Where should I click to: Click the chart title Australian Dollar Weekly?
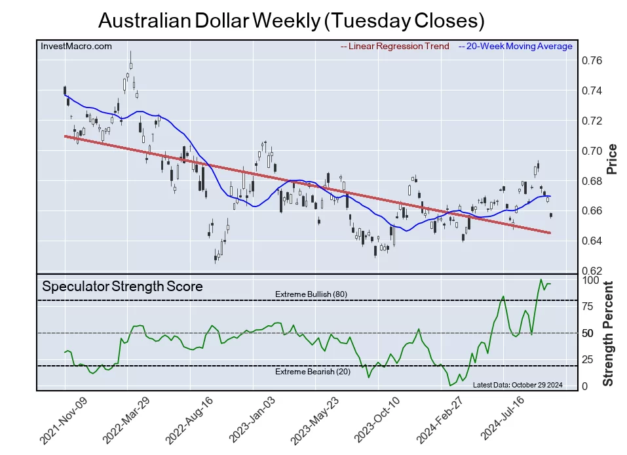point(291,20)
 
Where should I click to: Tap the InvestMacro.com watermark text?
point(76,46)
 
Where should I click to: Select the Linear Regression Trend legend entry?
point(394,46)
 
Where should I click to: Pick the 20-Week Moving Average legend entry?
point(515,46)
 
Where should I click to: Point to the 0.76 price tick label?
point(592,61)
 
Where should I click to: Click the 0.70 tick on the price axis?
point(592,151)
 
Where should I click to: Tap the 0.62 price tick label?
point(592,271)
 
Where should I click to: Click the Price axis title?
point(613,159)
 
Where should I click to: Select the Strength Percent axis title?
point(609,334)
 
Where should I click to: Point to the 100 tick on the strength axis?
point(592,280)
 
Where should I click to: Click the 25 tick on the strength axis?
point(589,360)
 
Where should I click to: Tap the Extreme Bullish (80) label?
point(311,294)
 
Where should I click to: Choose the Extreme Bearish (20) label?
point(311,372)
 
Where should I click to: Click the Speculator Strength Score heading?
point(122,287)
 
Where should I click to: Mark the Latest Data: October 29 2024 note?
point(517,385)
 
